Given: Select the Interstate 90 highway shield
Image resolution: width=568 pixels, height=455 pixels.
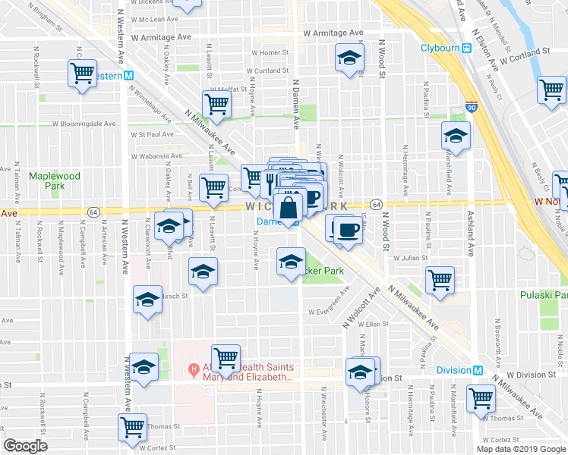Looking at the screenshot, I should (x=472, y=108).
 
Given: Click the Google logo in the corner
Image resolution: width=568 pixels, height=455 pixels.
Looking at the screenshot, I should (x=26, y=446).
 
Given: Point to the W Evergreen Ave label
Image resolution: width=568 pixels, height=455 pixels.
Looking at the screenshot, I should (x=328, y=312).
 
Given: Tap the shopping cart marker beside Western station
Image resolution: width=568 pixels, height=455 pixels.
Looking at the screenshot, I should (x=82, y=74).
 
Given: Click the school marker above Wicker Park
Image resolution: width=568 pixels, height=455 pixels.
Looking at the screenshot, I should (x=289, y=262).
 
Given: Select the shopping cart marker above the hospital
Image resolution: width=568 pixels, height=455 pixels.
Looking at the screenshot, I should (x=226, y=356).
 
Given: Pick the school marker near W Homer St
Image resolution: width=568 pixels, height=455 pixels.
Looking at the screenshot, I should (x=349, y=58).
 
